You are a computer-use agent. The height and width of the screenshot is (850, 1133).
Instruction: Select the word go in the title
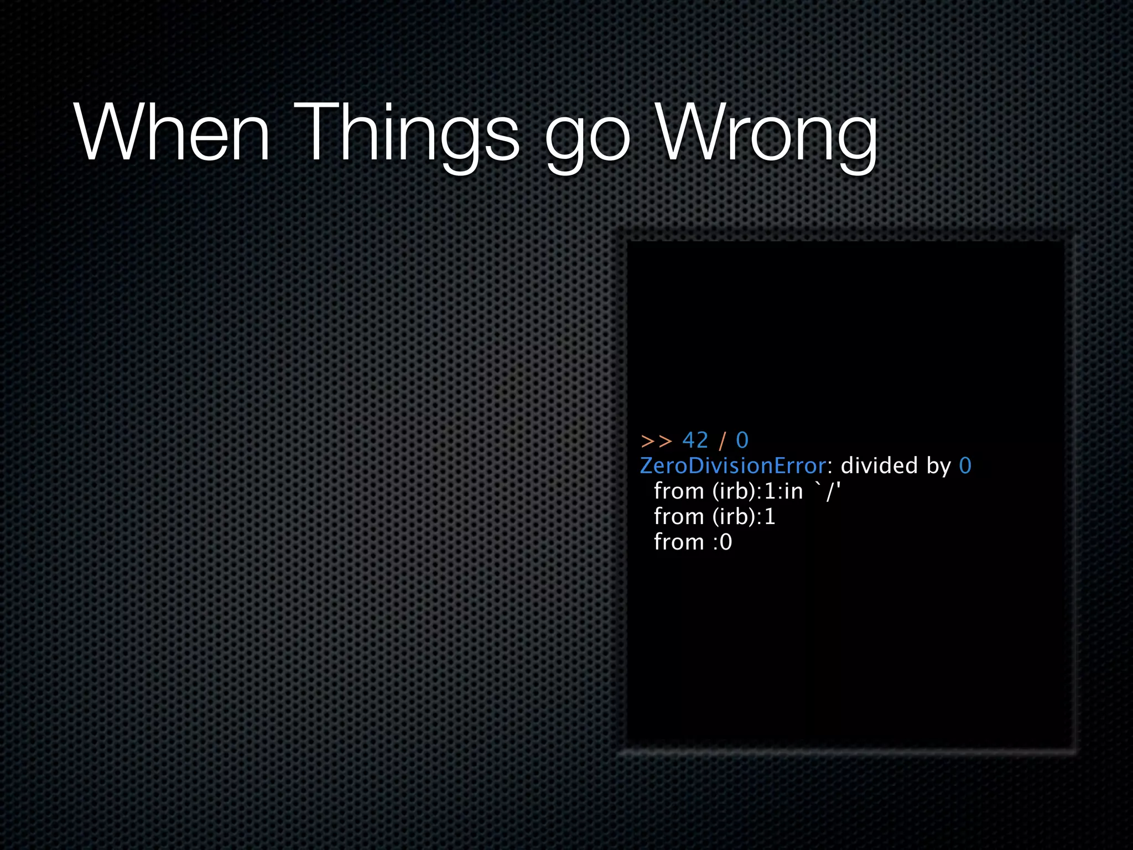click(x=588, y=138)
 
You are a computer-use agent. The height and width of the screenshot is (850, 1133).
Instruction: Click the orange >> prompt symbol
click(x=656, y=441)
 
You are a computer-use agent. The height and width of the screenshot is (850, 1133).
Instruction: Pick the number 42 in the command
click(x=695, y=440)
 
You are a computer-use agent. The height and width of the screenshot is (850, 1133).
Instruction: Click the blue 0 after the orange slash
click(x=742, y=440)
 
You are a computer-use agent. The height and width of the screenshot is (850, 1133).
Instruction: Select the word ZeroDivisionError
click(x=733, y=466)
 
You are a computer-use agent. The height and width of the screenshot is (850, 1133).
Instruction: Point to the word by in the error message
click(x=939, y=467)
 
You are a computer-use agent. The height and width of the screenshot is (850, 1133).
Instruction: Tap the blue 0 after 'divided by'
click(x=965, y=466)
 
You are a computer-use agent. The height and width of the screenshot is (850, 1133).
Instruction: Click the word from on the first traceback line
click(x=679, y=491)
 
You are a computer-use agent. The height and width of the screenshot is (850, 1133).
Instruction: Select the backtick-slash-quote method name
click(x=828, y=491)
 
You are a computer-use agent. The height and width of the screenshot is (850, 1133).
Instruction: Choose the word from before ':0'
click(x=679, y=542)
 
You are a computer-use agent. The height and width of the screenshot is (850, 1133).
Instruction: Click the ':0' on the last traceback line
click(x=723, y=542)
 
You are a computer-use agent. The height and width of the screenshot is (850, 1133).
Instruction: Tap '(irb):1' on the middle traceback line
click(x=744, y=517)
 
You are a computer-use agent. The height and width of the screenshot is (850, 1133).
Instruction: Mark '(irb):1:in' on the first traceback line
click(x=757, y=491)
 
